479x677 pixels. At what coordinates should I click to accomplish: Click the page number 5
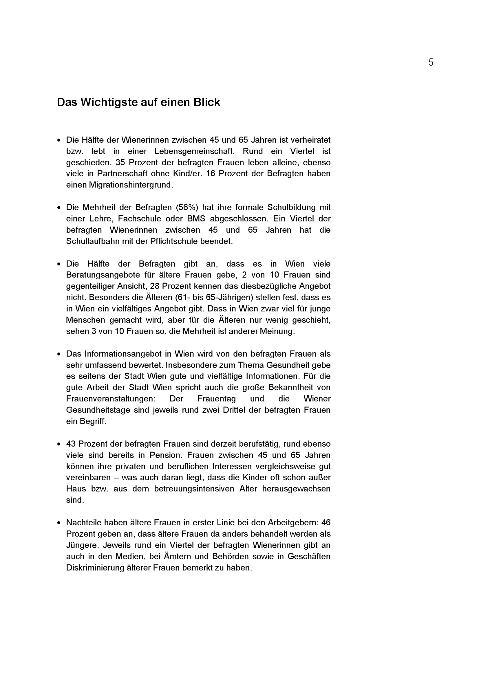tap(431, 63)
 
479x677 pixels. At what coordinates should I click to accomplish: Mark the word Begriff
tap(93, 421)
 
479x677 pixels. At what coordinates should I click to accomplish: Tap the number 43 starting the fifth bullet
tap(71, 444)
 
